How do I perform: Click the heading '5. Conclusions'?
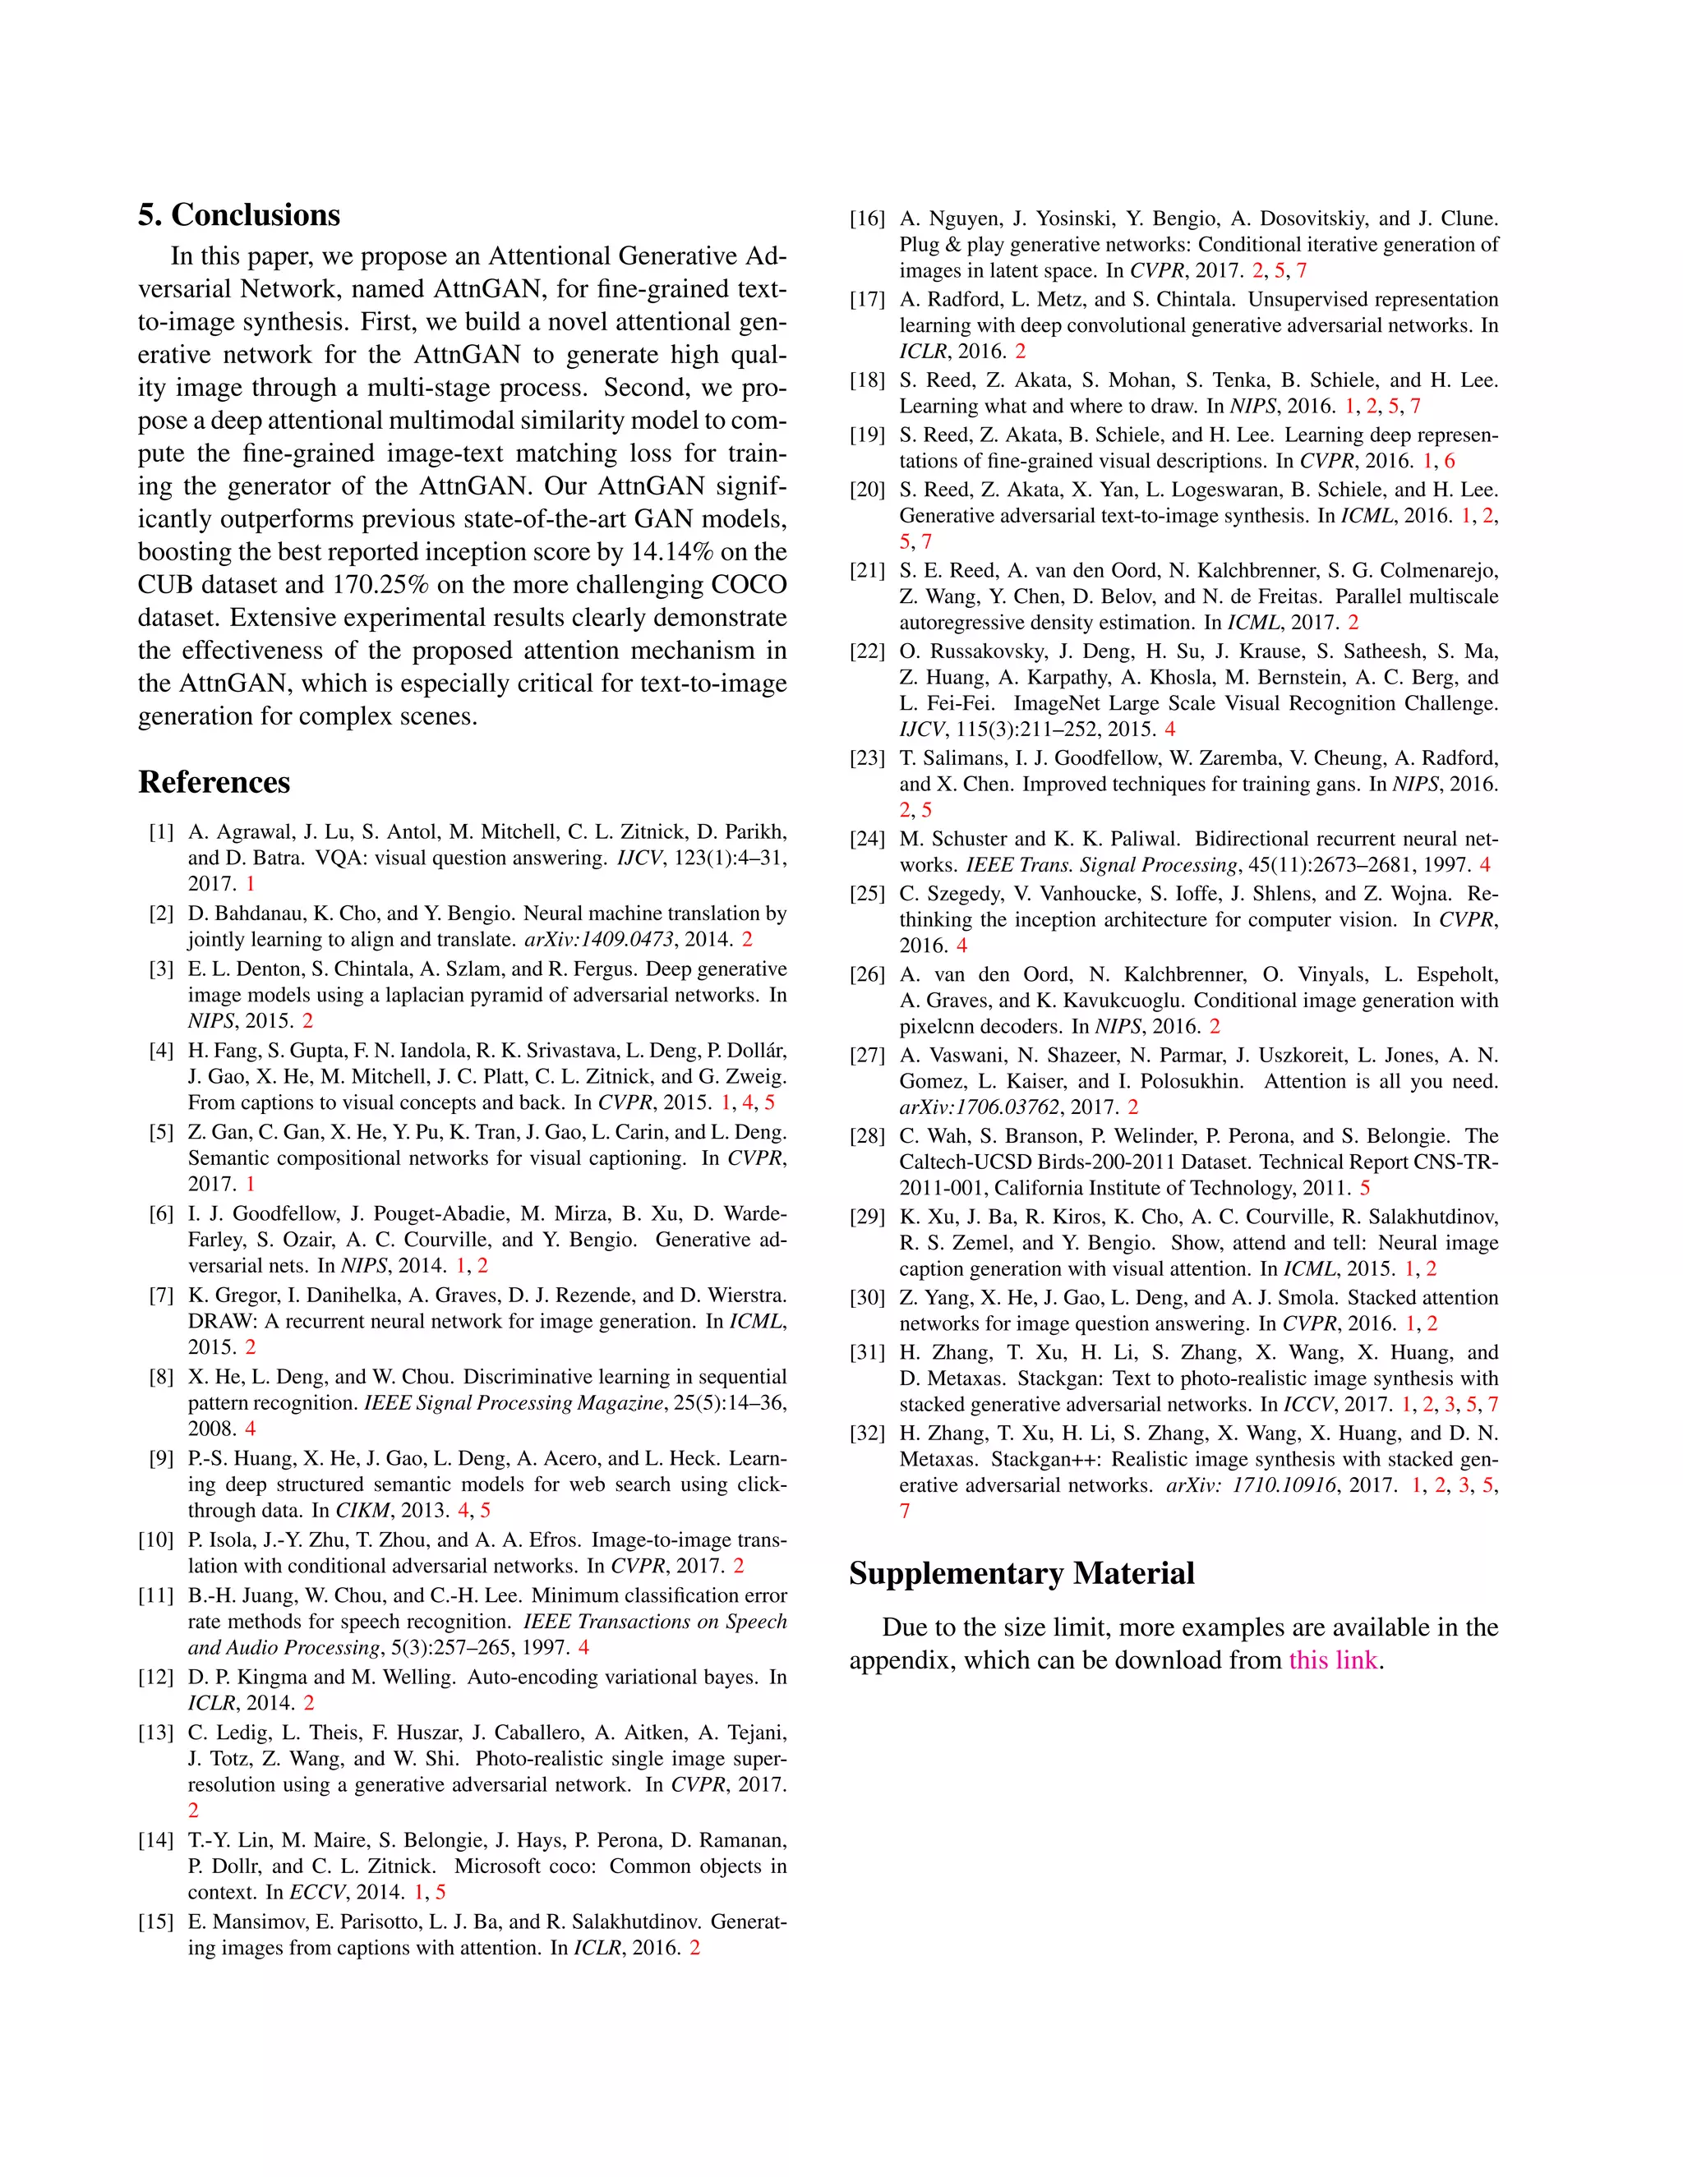tap(239, 214)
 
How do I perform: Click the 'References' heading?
tap(214, 781)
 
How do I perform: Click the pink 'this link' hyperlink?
tap(1332, 1659)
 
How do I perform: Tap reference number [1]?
tap(160, 831)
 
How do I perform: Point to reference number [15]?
tap(155, 1921)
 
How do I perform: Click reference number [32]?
tap(866, 1433)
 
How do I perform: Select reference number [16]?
tap(866, 219)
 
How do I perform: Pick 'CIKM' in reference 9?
tap(362, 1510)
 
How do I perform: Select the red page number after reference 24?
tap(1485, 864)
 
